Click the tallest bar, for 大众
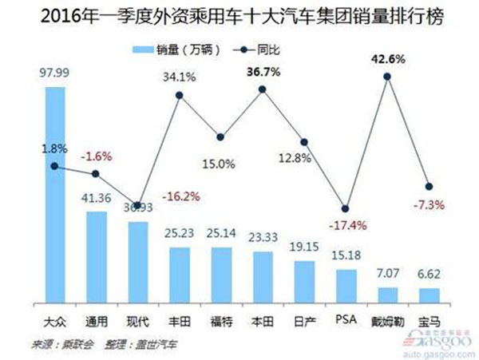coord(54,200)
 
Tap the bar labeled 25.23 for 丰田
coord(179,279)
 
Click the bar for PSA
coord(346,290)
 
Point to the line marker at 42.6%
coord(387,76)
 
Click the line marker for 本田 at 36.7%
coord(263,88)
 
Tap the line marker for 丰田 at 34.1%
coord(179,96)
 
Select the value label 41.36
coord(96,198)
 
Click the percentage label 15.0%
coord(221,164)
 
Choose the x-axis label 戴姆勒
coord(387,322)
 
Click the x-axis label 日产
coord(304,322)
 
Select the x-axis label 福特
coord(221,322)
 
